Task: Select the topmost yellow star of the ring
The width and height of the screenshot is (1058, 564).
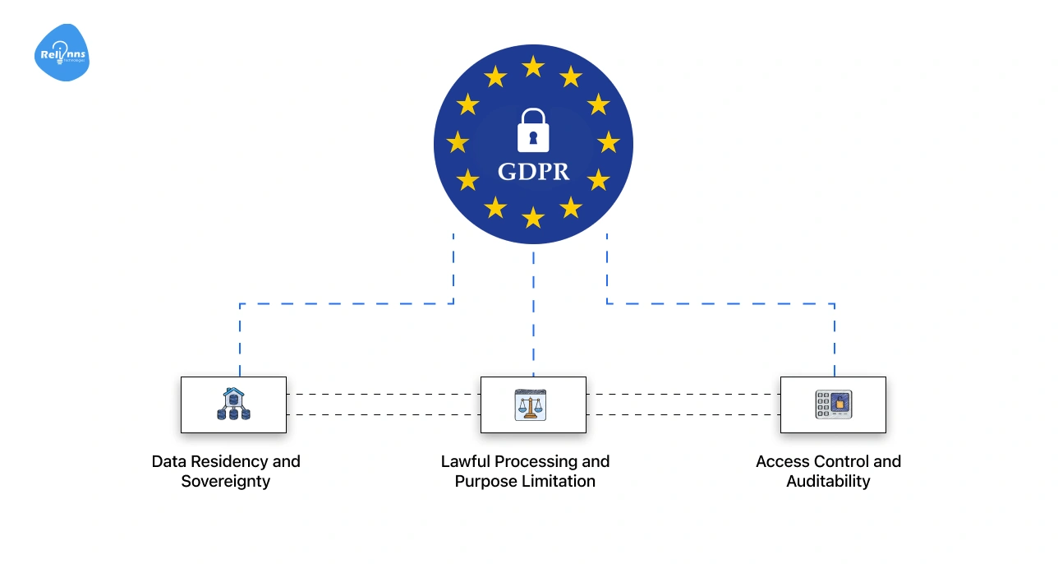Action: point(533,67)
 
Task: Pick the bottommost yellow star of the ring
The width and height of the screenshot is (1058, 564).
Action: point(533,217)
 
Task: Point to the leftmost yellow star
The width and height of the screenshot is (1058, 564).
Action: point(458,142)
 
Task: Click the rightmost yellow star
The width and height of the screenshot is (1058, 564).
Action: point(608,142)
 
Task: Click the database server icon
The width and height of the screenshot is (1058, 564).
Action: point(233,405)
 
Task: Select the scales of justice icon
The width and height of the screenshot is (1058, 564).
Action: point(533,405)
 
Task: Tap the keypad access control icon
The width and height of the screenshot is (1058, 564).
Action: point(833,405)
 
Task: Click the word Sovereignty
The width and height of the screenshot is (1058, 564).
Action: point(226,482)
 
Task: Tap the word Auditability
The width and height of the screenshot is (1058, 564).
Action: point(828,482)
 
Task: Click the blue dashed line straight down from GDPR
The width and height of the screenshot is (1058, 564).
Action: point(533,312)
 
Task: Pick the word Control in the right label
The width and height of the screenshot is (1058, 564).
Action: point(840,461)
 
